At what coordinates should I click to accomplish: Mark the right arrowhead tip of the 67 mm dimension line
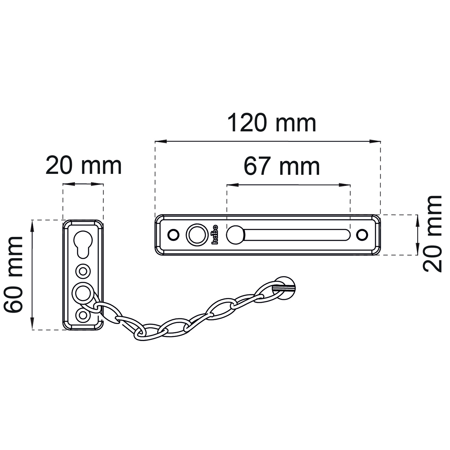pyautogui.click(x=350, y=185)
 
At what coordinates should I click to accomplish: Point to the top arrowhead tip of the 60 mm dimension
pyautogui.click(x=32, y=220)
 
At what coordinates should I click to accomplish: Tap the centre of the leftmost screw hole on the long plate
pyautogui.click(x=174, y=234)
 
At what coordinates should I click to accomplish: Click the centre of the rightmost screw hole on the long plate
pyautogui.click(x=362, y=235)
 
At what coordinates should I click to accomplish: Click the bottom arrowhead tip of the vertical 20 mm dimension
pyautogui.click(x=417, y=255)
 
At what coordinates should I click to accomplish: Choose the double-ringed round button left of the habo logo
pyautogui.click(x=197, y=235)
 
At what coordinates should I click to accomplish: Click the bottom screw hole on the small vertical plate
pyautogui.click(x=83, y=315)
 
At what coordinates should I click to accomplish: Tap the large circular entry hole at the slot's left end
pyautogui.click(x=235, y=235)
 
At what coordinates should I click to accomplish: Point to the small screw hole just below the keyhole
pyautogui.click(x=83, y=271)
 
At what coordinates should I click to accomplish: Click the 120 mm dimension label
pyautogui.click(x=272, y=123)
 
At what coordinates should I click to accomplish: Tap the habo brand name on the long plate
pyautogui.click(x=215, y=234)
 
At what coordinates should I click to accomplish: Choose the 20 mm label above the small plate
pyautogui.click(x=84, y=166)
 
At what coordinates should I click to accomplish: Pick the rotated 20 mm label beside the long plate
pyautogui.click(x=433, y=234)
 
